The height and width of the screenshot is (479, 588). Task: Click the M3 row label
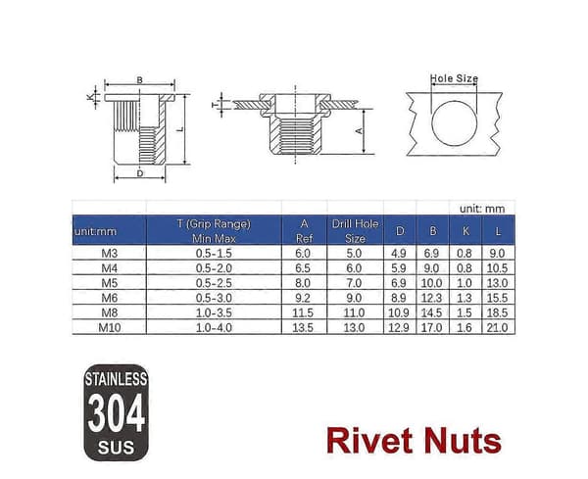[110, 254]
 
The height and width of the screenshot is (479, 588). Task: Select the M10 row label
[110, 327]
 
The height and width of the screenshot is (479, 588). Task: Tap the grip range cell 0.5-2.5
[214, 283]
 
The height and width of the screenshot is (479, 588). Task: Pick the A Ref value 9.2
[303, 298]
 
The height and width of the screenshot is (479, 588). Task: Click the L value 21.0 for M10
[497, 327]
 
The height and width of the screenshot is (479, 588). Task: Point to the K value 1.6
[465, 327]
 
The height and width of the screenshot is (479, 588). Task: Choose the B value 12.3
[431, 298]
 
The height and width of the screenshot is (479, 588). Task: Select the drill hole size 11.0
[354, 312]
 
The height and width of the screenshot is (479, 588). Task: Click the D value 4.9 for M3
[399, 254]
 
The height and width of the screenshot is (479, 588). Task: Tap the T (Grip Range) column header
[214, 231]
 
